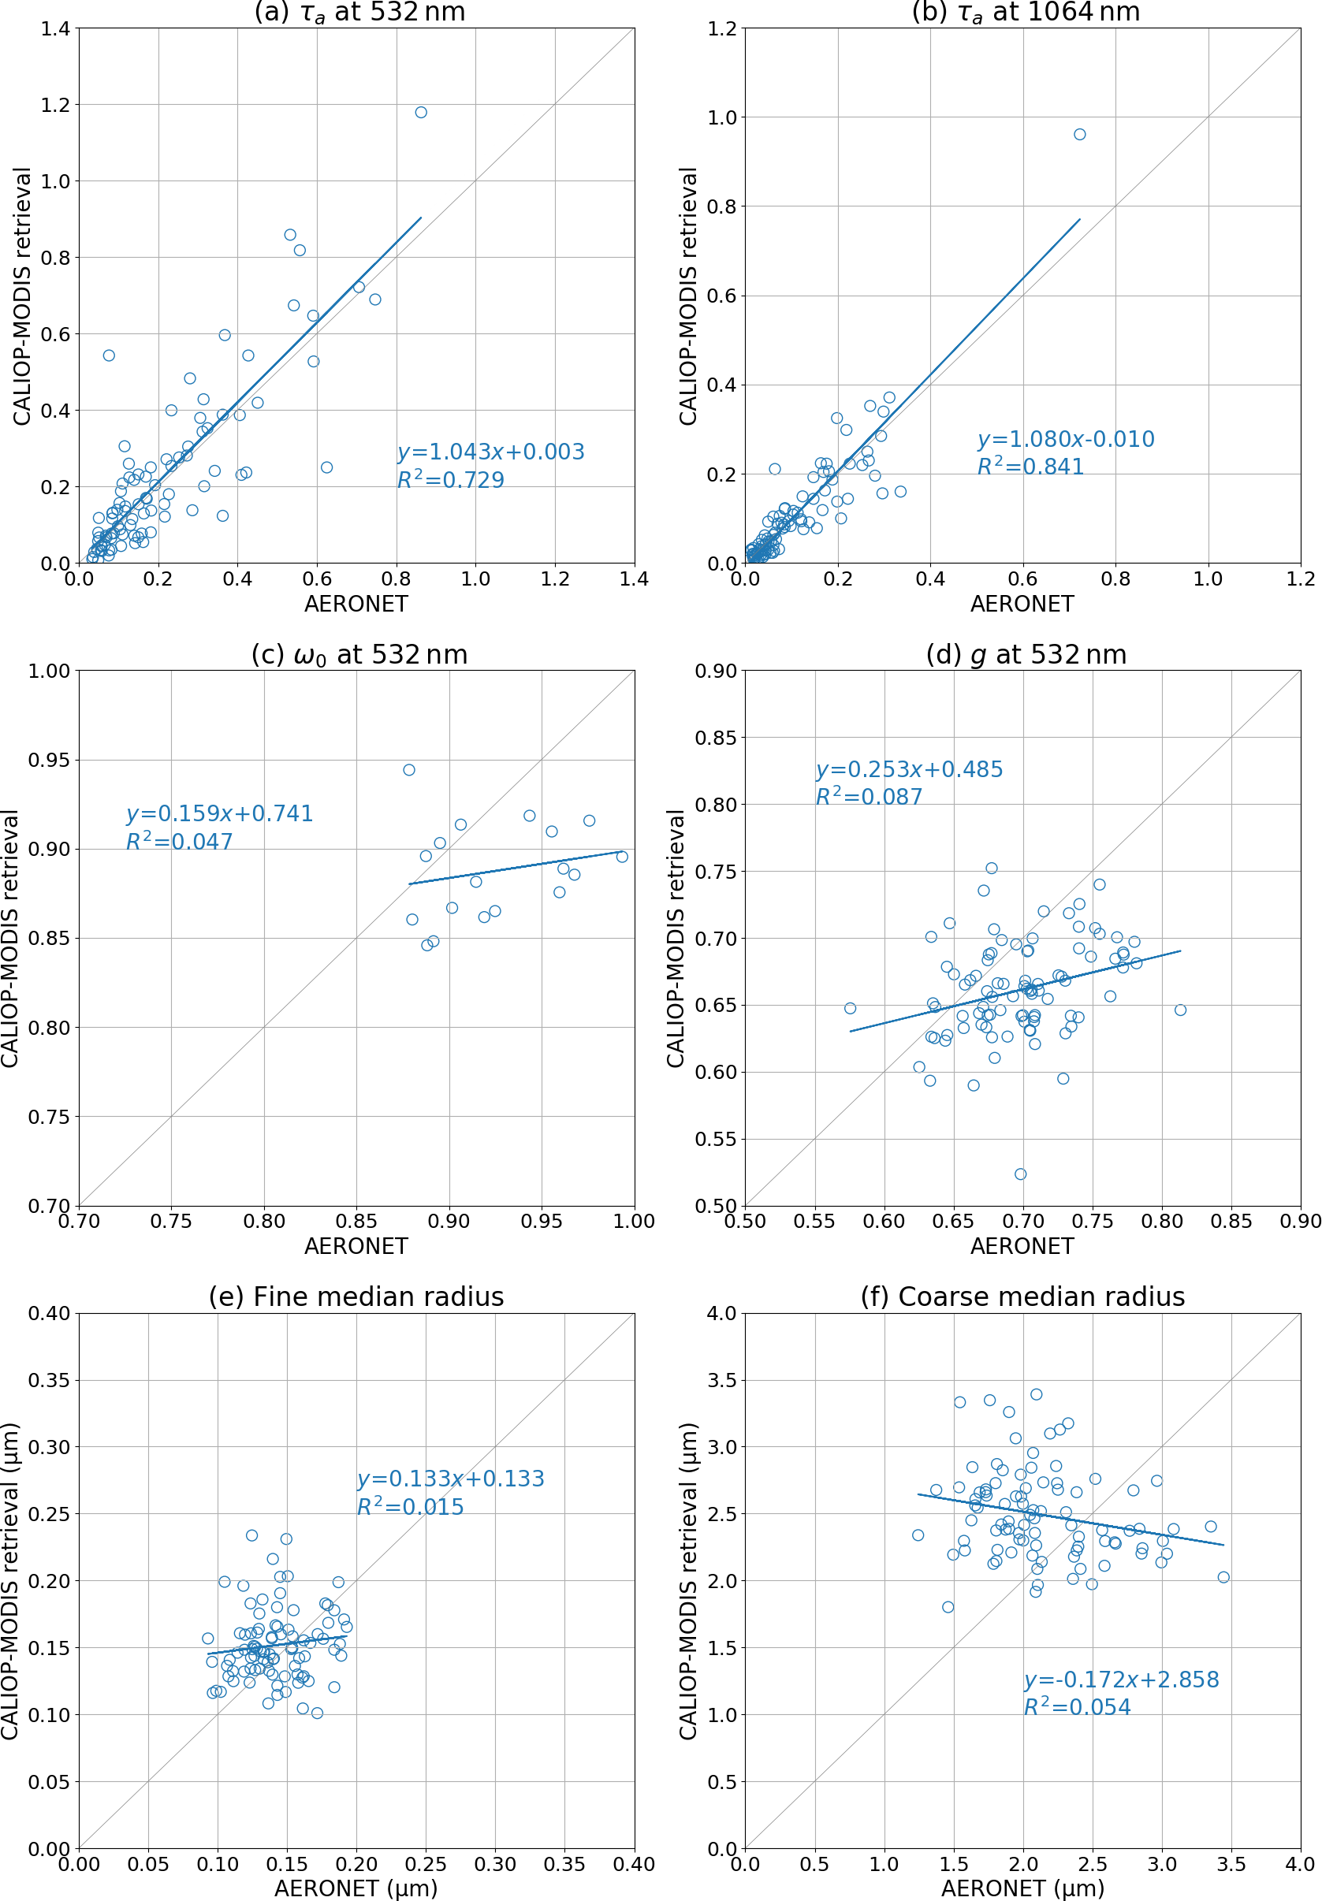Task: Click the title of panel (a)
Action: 359,13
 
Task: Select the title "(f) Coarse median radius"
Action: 1022,1296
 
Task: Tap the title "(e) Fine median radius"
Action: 356,1296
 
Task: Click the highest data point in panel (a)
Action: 421,113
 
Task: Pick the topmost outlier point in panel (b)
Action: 1079,134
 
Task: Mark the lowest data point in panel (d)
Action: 1021,1174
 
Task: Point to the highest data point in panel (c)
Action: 409,770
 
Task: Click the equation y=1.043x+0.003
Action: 490,452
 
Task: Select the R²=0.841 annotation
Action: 1030,467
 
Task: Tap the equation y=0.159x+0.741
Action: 219,814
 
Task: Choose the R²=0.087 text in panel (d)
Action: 869,797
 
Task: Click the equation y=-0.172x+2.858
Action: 1122,1679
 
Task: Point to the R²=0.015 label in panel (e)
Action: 410,1507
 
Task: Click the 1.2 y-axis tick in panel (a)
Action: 55,105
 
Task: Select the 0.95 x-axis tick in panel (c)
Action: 542,1222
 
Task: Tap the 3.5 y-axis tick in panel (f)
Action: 721,1380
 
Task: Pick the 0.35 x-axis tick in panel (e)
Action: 565,1864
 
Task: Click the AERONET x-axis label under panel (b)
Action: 1022,605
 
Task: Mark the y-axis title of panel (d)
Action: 676,938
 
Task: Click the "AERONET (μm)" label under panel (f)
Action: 1022,1888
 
